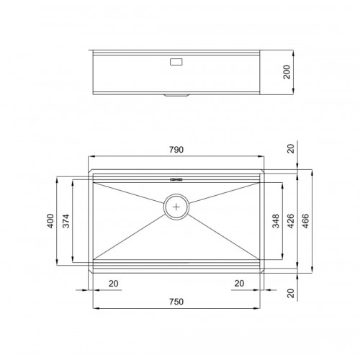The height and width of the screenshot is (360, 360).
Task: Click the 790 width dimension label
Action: coord(176,150)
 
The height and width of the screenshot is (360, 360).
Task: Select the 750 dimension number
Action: coord(176,302)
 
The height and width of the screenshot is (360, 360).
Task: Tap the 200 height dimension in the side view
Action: coord(287,72)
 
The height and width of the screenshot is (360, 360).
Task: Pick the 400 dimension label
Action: coord(50,221)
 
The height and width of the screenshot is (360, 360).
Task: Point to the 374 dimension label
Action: coord(66,221)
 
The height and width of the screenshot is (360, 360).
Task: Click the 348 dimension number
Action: coord(276,221)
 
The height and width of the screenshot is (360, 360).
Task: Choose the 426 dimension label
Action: coord(290,221)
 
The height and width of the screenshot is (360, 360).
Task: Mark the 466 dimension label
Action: coord(305,221)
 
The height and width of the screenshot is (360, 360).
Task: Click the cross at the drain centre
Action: coord(176,207)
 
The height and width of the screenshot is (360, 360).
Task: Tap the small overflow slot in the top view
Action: coord(176,179)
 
